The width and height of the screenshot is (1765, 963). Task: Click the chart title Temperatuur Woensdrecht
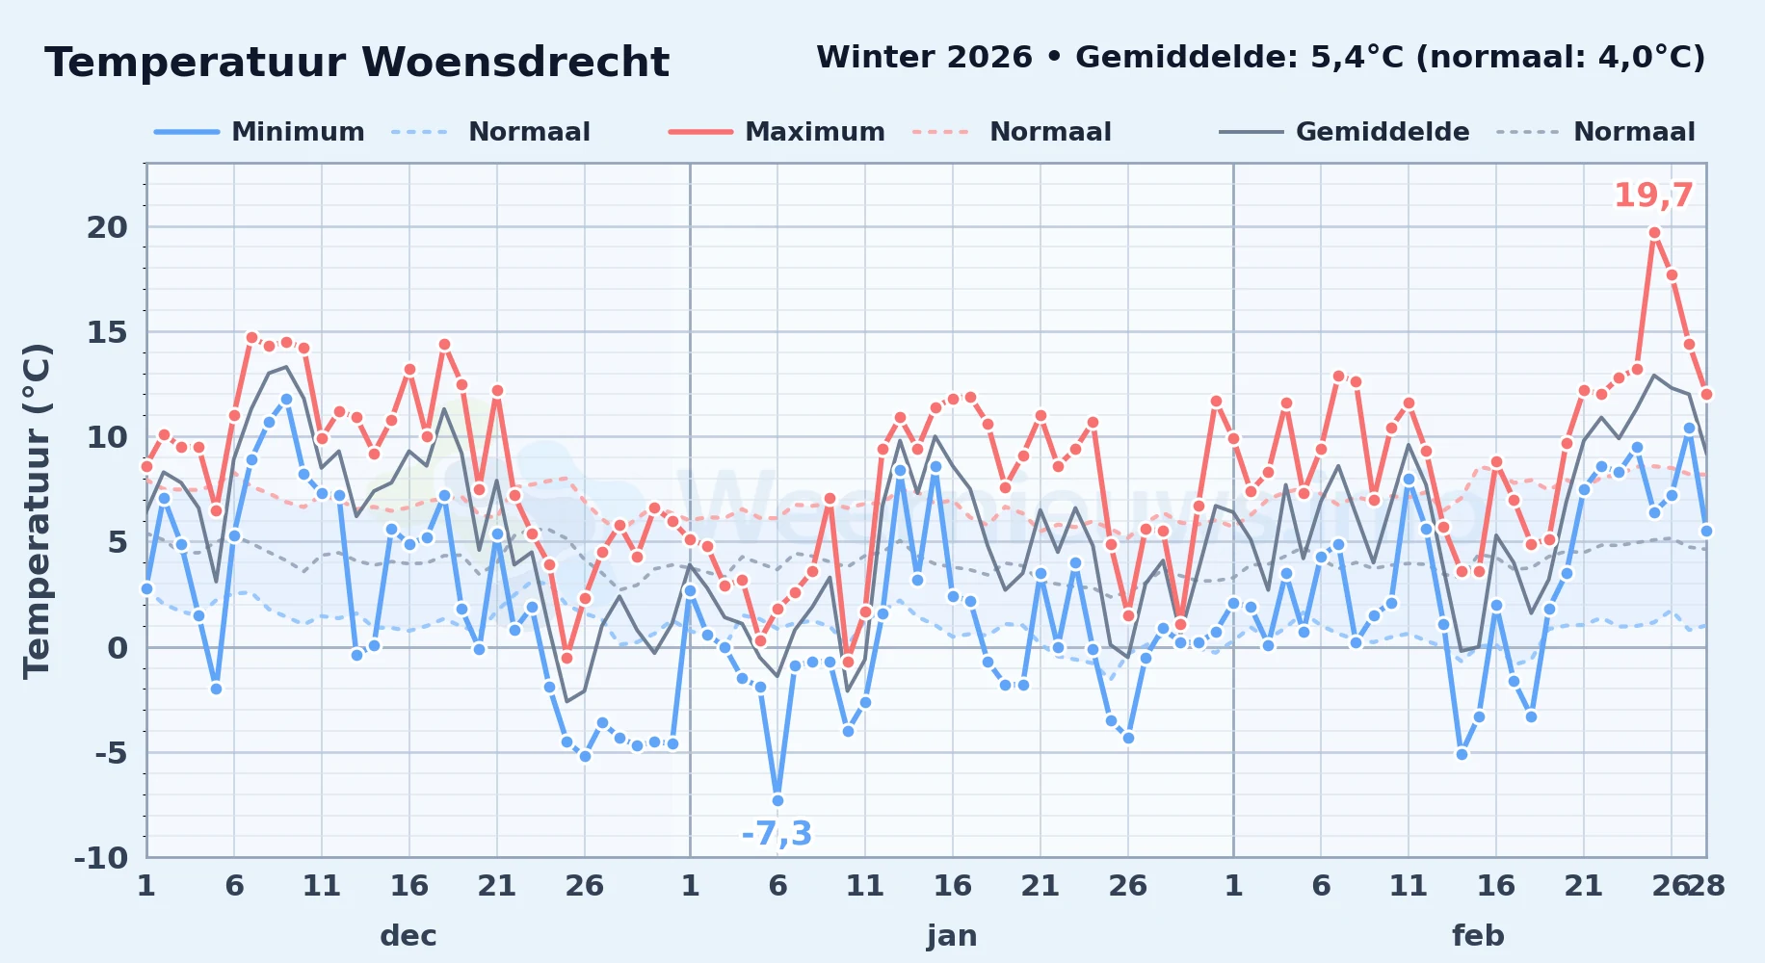point(356,63)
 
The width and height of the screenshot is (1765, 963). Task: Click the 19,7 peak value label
point(1653,195)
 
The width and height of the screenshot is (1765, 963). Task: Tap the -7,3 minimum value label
point(777,833)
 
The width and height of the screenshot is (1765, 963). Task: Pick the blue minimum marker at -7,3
point(777,800)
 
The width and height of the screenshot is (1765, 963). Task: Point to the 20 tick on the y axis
point(107,227)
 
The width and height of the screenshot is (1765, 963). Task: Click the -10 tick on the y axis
point(101,857)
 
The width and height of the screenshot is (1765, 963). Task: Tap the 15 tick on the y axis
point(107,332)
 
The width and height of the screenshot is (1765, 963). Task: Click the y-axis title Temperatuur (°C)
point(37,510)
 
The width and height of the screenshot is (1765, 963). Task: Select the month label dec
point(408,936)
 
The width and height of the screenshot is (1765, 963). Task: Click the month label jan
point(952,936)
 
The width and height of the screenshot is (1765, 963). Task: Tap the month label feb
point(1478,936)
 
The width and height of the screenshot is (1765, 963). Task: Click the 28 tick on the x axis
point(1706,885)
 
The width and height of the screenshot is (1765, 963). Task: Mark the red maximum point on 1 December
point(146,466)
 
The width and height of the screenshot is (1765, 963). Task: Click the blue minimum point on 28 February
point(1706,531)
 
